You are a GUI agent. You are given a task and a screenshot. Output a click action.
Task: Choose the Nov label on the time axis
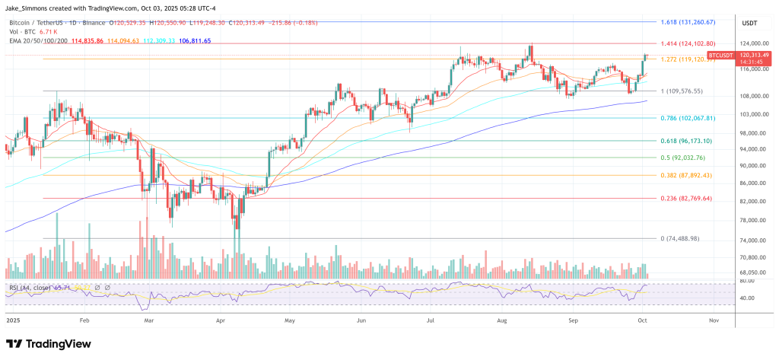click(x=713, y=321)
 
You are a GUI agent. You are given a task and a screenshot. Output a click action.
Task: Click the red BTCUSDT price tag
click(x=720, y=56)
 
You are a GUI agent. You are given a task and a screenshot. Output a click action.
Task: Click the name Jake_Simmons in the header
click(x=31, y=7)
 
